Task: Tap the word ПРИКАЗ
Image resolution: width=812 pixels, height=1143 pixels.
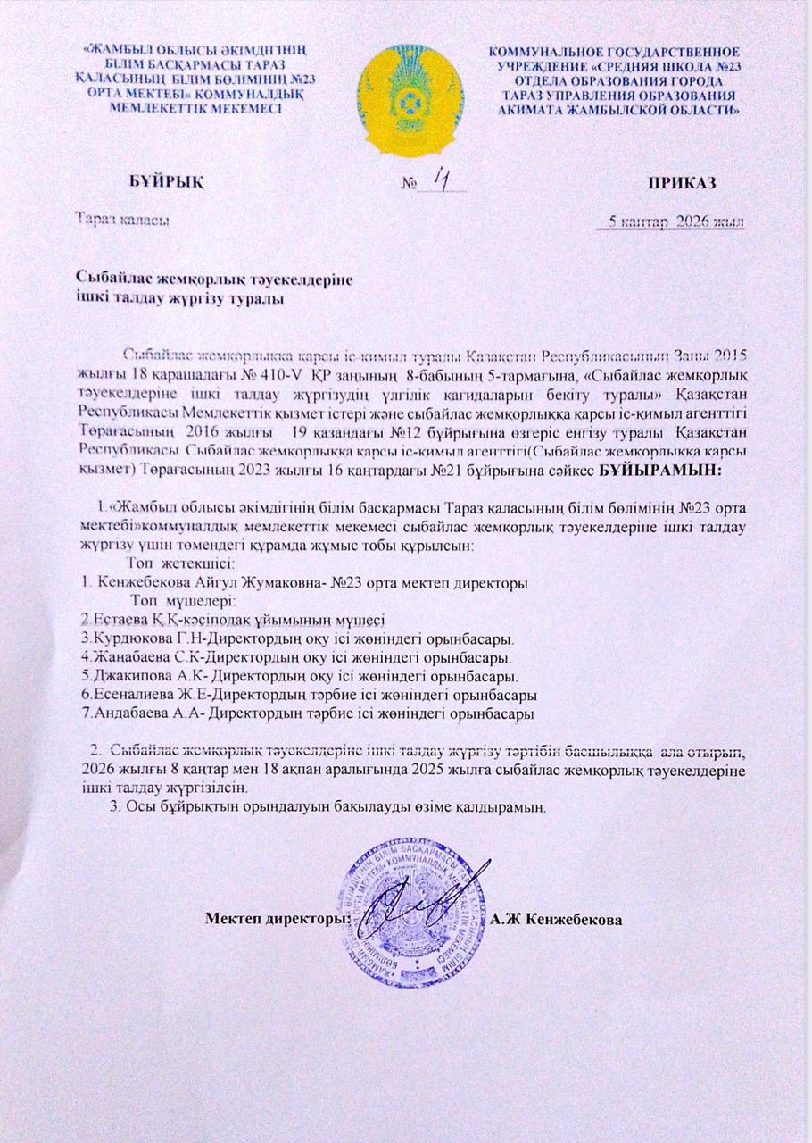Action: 684,183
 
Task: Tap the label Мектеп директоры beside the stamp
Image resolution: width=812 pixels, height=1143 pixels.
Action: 277,918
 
